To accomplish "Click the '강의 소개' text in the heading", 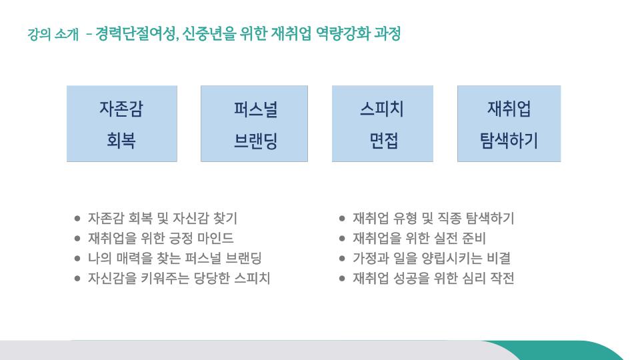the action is pos(53,34).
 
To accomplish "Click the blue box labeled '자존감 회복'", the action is pos(122,124).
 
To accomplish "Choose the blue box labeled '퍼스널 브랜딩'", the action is pos(254,124).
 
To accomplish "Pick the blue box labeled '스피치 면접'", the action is pos(383,124).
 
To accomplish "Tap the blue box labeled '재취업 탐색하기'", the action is pos(509,124).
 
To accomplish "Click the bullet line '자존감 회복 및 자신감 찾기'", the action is pos(163,218).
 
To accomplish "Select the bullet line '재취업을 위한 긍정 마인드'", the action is pos(161,238).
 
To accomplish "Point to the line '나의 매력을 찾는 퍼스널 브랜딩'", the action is pos(175,258).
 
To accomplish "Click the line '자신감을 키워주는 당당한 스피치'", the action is pos(179,278).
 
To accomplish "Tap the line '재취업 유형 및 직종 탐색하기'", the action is pos(433,218).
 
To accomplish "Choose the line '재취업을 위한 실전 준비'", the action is pos(419,238).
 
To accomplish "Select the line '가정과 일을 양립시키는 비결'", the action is pos(431,258).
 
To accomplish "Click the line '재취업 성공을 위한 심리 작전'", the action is pos(433,278).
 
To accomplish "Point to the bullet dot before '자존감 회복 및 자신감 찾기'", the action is pos(77,219).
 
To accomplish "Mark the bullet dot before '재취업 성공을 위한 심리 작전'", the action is pos(342,279).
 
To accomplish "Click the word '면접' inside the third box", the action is pos(383,141).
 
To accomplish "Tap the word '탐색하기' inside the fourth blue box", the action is pos(509,141).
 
